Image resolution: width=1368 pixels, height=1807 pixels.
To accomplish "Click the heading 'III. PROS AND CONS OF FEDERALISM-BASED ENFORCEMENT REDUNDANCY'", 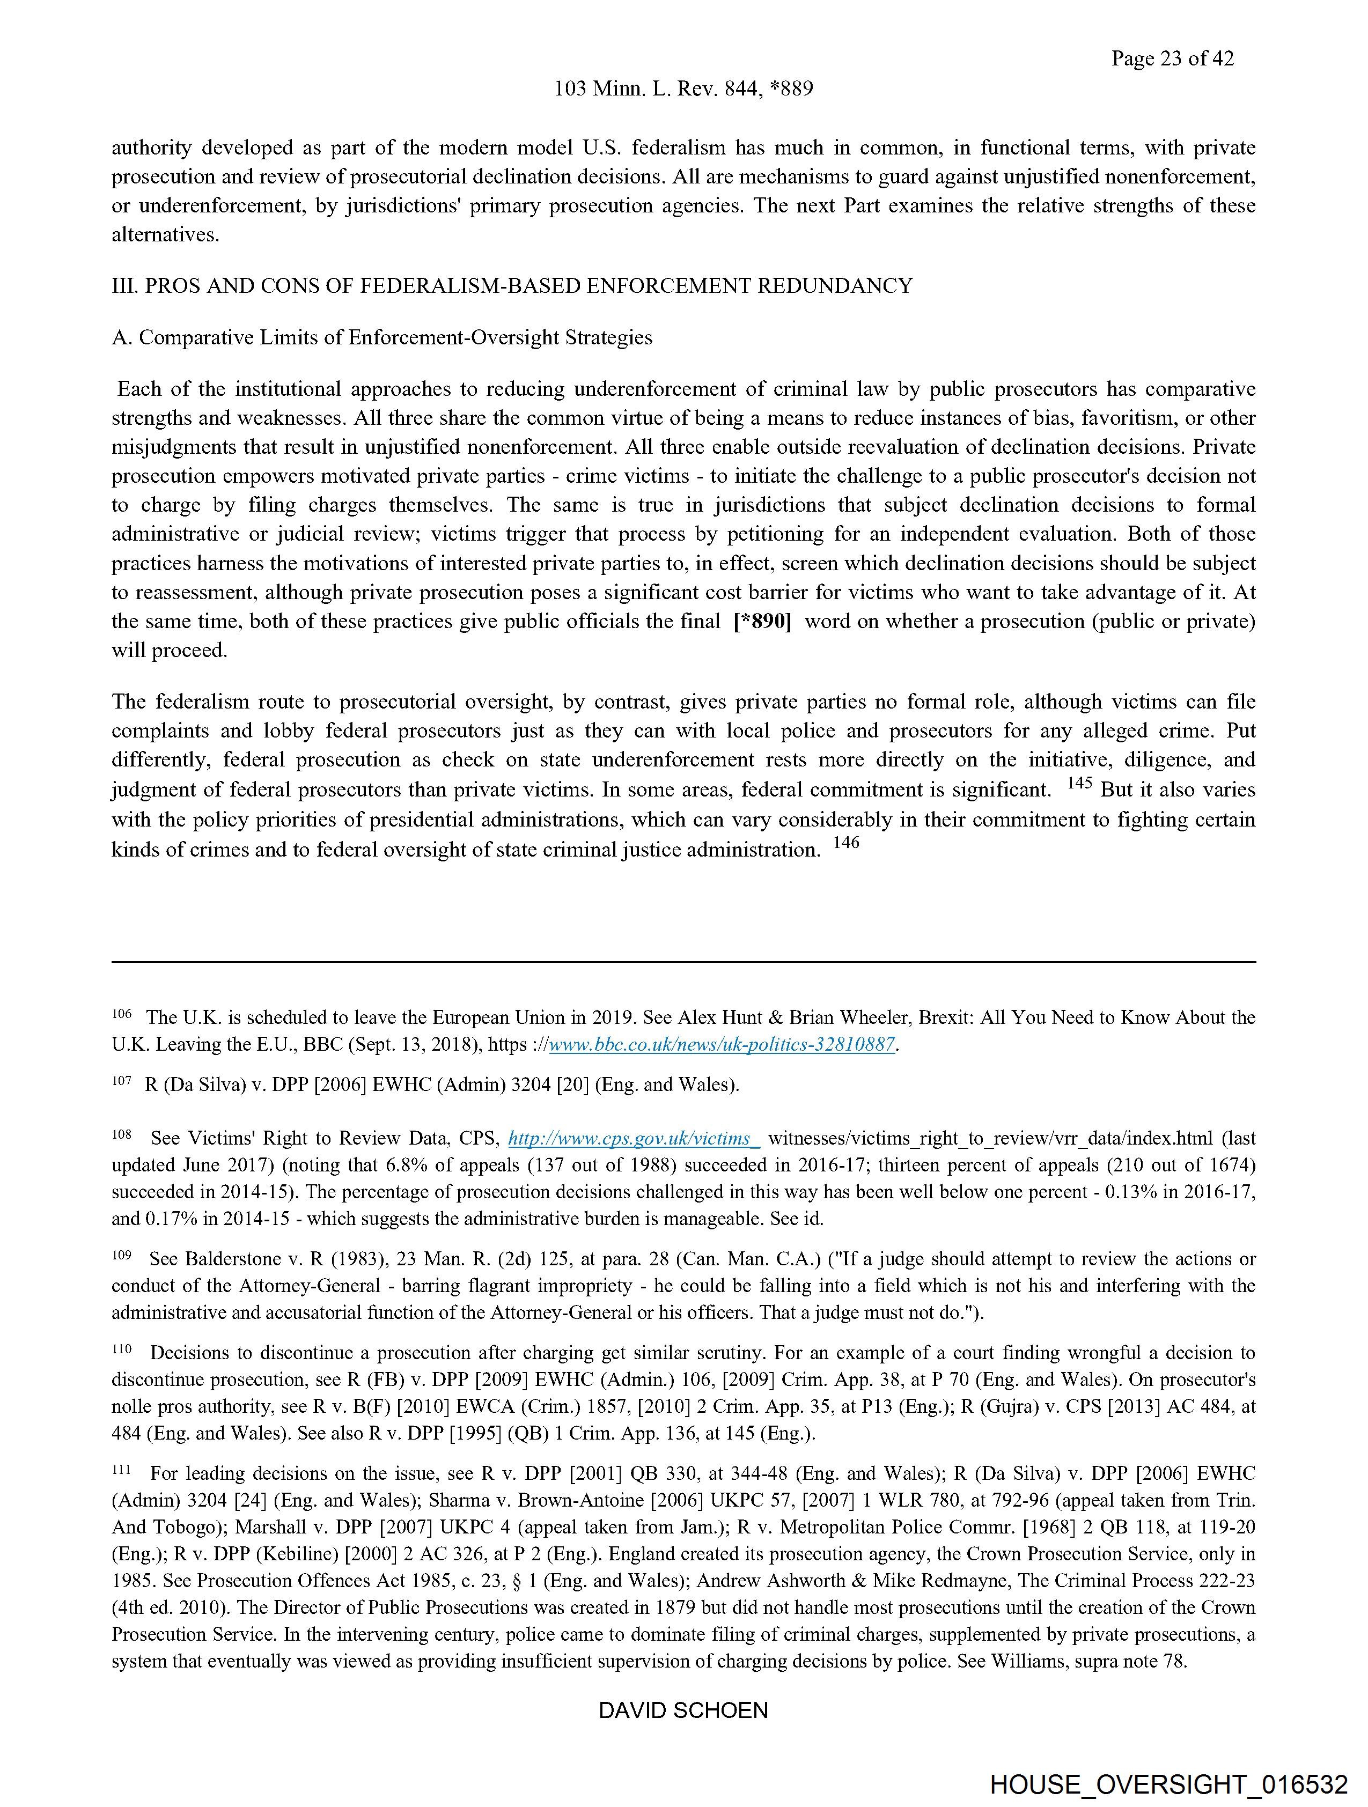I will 512,286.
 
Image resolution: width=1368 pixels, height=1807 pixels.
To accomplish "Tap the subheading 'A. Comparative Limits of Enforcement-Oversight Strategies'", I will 381,337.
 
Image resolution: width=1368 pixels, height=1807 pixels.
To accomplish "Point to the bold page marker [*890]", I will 762,622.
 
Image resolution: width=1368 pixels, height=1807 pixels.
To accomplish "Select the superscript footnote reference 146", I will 846,842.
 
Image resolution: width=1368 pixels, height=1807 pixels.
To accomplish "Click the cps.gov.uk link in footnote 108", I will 634,1138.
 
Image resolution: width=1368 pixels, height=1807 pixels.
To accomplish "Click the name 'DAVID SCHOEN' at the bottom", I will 683,1710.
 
